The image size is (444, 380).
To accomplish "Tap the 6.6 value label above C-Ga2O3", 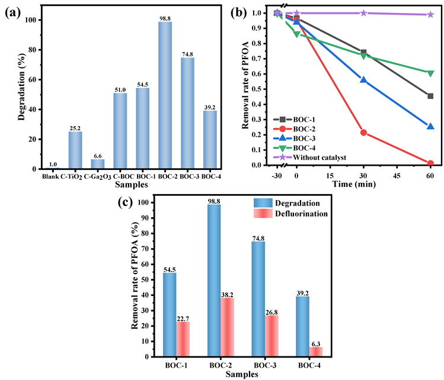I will [x=97, y=154].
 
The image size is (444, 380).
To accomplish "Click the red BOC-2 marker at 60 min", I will [x=430, y=163].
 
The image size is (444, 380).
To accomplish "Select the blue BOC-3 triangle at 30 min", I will [x=363, y=80].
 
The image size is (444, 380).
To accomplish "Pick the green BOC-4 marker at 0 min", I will [x=297, y=34].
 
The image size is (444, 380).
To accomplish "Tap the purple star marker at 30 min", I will [x=363, y=12].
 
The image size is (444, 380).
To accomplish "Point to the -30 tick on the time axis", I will [x=277, y=176].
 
